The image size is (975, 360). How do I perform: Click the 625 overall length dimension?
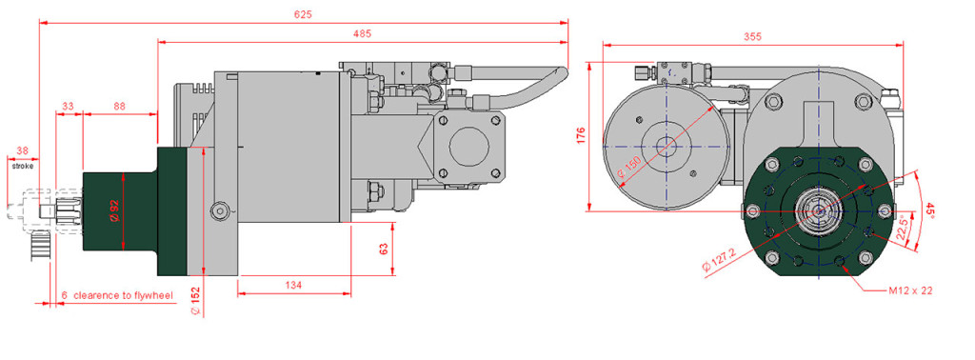(x=304, y=13)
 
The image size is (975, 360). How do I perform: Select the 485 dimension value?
(x=362, y=34)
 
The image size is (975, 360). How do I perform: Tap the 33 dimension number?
(x=68, y=107)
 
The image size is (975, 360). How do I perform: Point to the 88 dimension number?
(x=119, y=107)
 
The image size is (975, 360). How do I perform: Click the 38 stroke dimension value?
(x=23, y=150)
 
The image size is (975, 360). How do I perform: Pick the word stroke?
(x=23, y=166)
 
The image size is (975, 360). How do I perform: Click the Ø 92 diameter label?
(x=114, y=210)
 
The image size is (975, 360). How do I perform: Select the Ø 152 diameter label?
(x=195, y=302)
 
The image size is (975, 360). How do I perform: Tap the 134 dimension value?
(x=293, y=285)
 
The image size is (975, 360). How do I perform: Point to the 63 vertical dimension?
(x=384, y=249)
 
